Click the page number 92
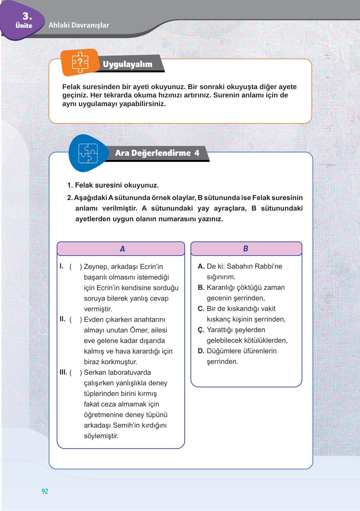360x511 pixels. tap(45, 491)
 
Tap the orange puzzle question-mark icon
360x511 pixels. tap(80, 62)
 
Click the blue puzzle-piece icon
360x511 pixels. tap(88, 153)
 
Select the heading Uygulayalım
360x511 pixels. tap(128, 64)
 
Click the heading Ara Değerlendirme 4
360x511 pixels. tap(157, 153)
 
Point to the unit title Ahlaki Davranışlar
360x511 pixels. tap(79, 25)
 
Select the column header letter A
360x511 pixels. tap(122, 249)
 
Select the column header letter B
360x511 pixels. tap(246, 248)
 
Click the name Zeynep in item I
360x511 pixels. tap(95, 267)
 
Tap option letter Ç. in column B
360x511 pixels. tap(201, 330)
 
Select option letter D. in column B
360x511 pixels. tap(201, 351)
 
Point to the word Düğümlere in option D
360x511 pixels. tap(223, 351)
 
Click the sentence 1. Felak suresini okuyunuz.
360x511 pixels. tap(113, 185)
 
